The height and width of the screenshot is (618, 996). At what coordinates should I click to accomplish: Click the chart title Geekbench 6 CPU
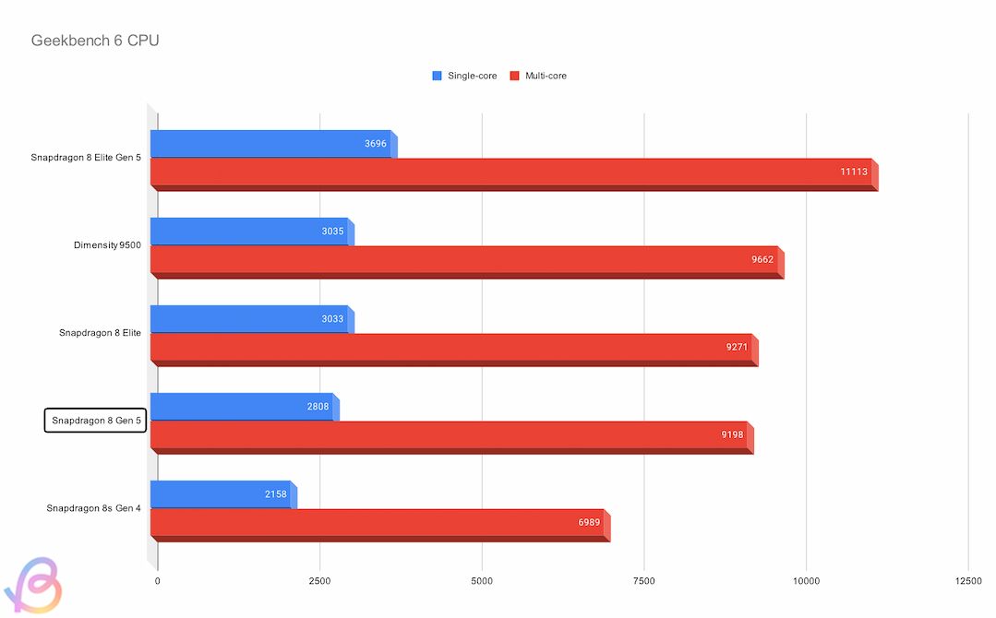95,41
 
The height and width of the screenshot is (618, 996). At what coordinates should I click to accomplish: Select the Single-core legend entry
465,76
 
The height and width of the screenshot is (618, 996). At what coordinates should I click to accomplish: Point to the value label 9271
738,348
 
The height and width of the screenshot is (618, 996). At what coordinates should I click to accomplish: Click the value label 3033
332,319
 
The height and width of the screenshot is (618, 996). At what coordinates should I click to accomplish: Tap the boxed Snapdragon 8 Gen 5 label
96,421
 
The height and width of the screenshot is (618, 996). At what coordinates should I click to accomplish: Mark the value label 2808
318,407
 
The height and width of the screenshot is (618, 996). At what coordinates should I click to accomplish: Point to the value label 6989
589,523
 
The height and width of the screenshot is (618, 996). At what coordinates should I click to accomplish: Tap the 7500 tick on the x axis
644,581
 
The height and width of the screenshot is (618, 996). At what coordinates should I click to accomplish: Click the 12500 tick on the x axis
968,581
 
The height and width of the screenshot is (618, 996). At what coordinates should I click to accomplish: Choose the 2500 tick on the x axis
319,581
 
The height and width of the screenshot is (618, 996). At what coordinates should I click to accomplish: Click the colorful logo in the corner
31,586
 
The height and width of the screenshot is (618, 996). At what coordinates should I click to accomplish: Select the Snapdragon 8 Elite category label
100,332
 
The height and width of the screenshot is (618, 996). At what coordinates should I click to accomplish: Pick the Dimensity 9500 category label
107,245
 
